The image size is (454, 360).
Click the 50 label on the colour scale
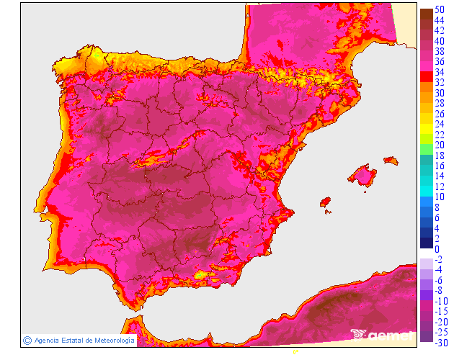coord(438,9)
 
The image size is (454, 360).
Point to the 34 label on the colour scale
coord(438,72)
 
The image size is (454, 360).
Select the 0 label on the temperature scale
coord(436,249)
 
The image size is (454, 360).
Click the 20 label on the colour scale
coord(438,145)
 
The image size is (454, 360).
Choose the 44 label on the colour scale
coord(438,20)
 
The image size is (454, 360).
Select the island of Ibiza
coord(325,202)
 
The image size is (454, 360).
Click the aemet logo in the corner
coord(382,334)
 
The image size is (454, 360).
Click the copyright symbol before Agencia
coord(27,340)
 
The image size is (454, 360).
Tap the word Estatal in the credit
coord(72,340)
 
